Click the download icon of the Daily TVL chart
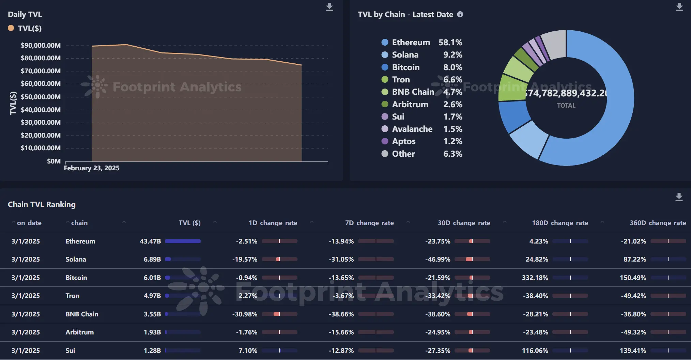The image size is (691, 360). (329, 7)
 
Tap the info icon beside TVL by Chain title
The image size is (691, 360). (460, 14)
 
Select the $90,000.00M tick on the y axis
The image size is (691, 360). (41, 45)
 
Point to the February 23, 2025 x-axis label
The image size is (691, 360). (92, 168)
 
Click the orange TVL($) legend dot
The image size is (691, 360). (11, 28)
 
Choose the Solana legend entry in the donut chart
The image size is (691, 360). (405, 55)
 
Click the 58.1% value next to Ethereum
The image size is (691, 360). (450, 43)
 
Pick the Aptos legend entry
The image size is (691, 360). (403, 141)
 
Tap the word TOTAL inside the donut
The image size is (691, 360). (566, 106)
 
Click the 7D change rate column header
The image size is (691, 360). (369, 223)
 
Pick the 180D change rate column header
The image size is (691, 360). (560, 223)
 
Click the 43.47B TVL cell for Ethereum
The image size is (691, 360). (150, 241)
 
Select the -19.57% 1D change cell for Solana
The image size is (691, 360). (245, 259)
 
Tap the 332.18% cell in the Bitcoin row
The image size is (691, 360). (535, 278)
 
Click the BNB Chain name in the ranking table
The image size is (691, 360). (82, 314)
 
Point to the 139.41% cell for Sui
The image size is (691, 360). (633, 350)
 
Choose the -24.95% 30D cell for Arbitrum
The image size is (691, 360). (437, 332)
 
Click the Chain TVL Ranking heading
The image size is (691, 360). (42, 204)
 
